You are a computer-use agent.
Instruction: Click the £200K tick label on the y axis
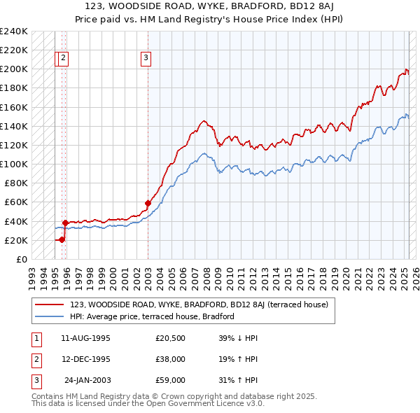pos(14,69)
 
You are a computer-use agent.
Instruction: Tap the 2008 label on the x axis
pos(206,273)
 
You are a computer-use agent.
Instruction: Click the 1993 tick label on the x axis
pos(32,273)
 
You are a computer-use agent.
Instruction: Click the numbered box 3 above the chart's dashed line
pos(146,59)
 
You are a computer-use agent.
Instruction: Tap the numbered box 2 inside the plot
pos(64,59)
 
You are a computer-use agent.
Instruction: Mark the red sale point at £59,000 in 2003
pos(148,203)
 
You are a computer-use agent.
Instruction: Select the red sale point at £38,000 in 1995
pos(65,223)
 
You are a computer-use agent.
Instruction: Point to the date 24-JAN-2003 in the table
pos(87,380)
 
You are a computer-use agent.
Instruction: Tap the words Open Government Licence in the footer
pos(203,403)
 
